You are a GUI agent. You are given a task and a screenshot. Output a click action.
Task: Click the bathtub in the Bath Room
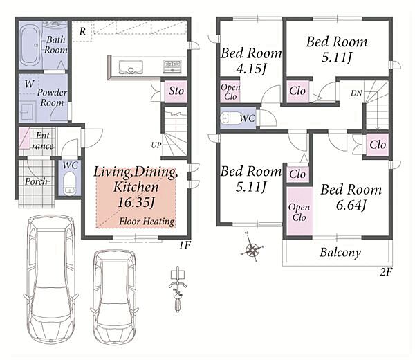30,45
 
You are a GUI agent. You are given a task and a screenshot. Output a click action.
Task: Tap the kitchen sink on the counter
131,66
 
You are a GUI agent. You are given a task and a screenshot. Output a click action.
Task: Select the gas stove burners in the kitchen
172,66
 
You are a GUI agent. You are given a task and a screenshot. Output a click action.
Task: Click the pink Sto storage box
176,91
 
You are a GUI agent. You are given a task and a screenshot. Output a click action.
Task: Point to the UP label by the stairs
156,145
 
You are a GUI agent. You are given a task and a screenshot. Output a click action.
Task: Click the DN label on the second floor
356,93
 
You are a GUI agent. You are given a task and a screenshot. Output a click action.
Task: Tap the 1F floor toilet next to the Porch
70,183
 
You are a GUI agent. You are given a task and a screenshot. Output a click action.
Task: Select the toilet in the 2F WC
230,118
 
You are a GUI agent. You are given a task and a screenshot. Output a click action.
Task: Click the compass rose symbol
252,249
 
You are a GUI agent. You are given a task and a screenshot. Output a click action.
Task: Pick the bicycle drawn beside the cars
178,289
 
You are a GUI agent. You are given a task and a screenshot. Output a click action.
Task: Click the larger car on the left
50,279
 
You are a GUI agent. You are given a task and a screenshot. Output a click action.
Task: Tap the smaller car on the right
115,297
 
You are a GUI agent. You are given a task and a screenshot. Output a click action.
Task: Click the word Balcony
340,253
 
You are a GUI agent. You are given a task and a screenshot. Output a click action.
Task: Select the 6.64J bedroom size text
351,205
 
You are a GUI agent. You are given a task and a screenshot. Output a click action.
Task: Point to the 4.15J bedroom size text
251,69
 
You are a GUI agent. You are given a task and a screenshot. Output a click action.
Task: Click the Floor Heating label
147,221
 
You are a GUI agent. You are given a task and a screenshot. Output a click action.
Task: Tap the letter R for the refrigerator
82,32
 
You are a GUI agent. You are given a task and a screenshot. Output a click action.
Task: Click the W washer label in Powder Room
29,84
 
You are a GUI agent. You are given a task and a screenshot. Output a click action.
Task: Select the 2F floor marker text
386,272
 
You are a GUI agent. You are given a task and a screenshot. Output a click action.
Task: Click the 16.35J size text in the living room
136,203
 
